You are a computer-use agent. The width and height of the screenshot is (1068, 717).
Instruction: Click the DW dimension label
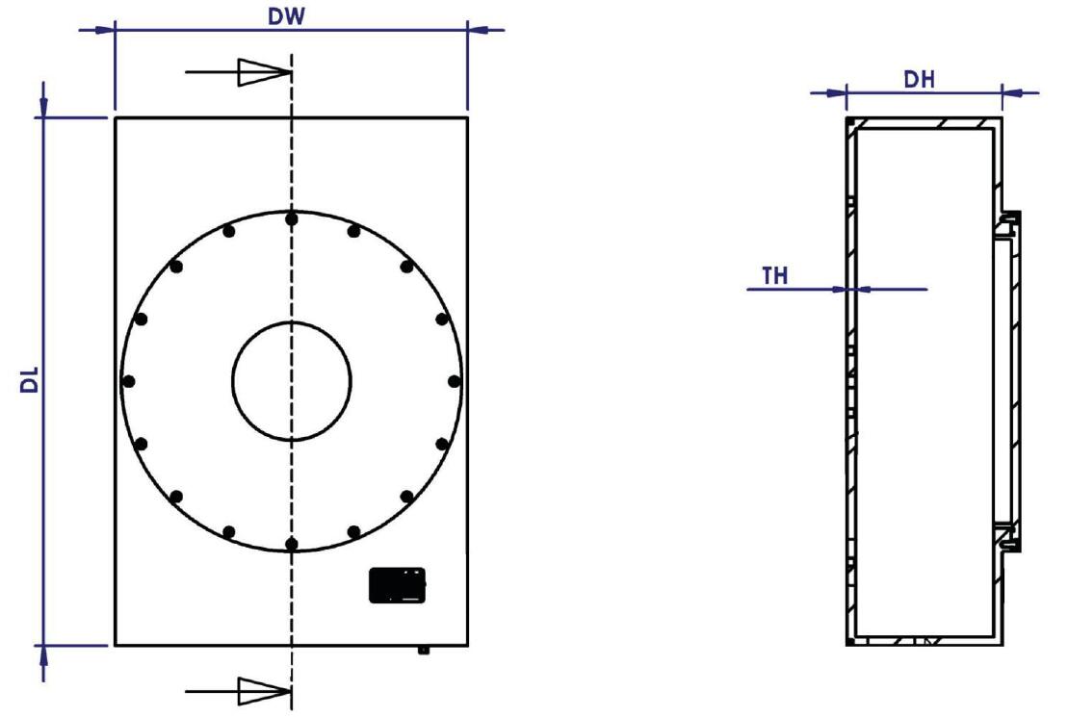coord(288,16)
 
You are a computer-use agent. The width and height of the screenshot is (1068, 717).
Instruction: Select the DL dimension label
coord(31,382)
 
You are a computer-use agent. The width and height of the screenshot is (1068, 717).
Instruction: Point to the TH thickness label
coord(775,276)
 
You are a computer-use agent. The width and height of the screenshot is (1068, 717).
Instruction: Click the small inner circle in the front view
coord(292,381)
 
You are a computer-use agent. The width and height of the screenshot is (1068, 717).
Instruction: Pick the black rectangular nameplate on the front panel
coord(397,585)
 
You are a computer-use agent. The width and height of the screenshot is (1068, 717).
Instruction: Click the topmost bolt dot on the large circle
coord(292,219)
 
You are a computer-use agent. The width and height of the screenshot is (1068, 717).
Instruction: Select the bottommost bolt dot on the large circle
coord(292,544)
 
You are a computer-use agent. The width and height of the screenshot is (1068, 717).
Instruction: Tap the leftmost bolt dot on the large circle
coord(129,381)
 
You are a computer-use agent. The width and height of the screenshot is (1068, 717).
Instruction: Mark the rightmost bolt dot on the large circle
coord(454,381)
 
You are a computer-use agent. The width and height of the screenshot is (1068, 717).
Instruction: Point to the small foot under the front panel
coord(423,651)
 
